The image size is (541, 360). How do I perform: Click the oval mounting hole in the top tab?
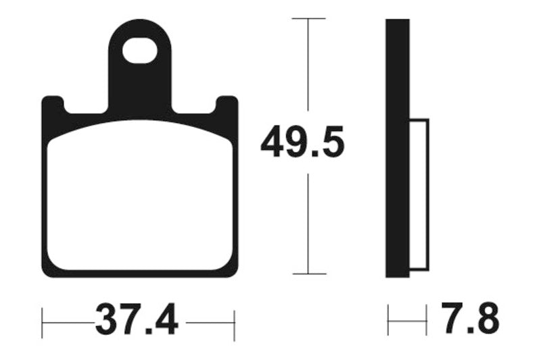(140, 51)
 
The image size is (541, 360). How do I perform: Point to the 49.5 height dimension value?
(302, 142)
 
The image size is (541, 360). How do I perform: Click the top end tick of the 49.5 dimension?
(308, 18)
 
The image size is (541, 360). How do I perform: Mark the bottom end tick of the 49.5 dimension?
(308, 274)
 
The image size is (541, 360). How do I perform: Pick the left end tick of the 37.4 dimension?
(43, 324)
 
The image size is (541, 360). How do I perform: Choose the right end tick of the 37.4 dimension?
(234, 324)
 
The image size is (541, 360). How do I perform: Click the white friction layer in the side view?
(419, 196)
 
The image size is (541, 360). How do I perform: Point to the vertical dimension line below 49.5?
(308, 223)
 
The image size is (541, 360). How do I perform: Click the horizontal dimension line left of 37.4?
(68, 323)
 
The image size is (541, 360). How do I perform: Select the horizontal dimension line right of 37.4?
(210, 323)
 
